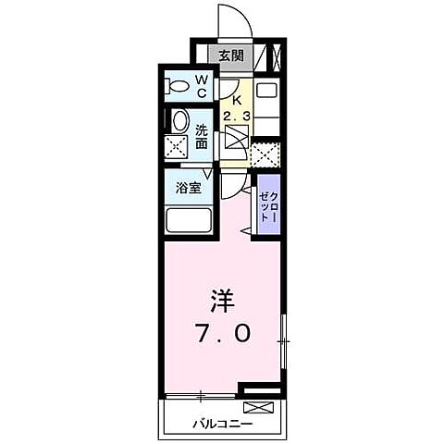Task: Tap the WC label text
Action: pyautogui.click(x=201, y=86)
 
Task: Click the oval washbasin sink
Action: pyautogui.click(x=179, y=120)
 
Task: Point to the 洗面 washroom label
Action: pyautogui.click(x=201, y=137)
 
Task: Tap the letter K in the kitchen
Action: pyautogui.click(x=235, y=100)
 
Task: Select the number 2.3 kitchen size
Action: pyautogui.click(x=236, y=117)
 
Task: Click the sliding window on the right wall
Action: pyautogui.click(x=284, y=342)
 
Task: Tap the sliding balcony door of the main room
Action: pyautogui.click(x=202, y=395)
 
